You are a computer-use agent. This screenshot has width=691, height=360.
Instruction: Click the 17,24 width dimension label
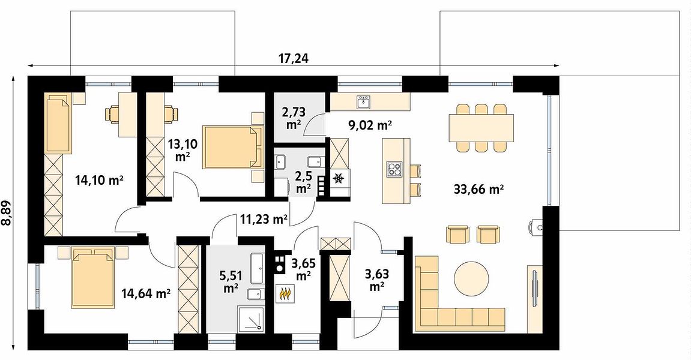click(x=294, y=58)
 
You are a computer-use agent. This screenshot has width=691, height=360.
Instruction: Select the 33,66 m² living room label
click(x=478, y=190)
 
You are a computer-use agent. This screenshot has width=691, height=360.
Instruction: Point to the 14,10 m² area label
click(x=98, y=180)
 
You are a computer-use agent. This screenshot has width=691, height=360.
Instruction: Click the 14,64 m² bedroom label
click(x=146, y=293)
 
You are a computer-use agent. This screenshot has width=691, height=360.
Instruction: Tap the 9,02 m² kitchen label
click(x=370, y=125)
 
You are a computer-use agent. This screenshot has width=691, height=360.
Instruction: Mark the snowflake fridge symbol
click(x=339, y=178)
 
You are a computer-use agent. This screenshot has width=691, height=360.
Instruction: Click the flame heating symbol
click(x=285, y=294)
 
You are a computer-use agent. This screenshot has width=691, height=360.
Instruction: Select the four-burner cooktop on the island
click(x=394, y=169)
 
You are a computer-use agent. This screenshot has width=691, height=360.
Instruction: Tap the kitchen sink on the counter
click(x=364, y=102)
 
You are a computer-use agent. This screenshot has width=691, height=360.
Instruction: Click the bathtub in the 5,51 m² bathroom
click(x=257, y=269)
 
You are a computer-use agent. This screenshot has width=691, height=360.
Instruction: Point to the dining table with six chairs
click(x=481, y=127)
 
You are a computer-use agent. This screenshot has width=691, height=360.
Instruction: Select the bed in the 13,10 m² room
click(x=232, y=147)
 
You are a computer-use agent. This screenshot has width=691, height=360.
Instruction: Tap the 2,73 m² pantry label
click(x=294, y=118)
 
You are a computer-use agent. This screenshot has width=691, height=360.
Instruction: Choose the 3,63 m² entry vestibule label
click(x=376, y=280)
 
